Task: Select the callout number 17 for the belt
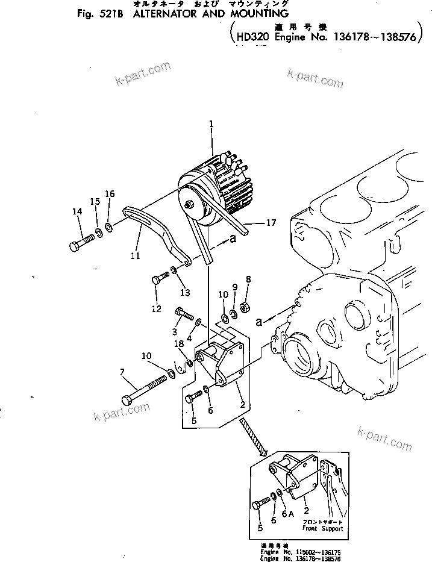(271, 223)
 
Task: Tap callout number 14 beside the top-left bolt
(77, 211)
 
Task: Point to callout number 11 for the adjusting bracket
(135, 256)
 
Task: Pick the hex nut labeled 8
(246, 308)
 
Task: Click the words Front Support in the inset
(323, 528)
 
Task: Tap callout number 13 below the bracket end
(184, 293)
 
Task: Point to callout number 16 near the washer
(109, 193)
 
